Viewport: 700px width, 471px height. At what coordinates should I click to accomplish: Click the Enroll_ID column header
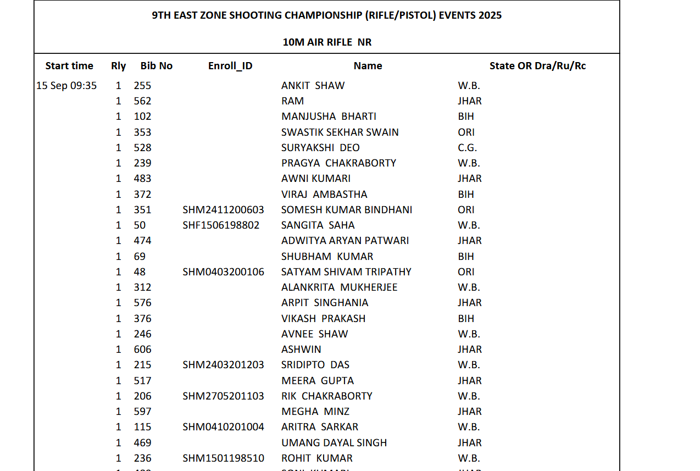coord(230,66)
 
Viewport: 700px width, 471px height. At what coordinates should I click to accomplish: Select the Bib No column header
coord(157,66)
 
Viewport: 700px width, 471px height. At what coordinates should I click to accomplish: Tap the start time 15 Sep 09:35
coord(66,86)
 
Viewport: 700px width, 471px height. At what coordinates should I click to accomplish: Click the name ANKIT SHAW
coord(313,86)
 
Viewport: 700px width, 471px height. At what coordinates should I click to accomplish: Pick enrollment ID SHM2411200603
coord(223,210)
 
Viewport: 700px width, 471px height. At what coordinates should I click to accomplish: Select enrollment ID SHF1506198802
coord(221,225)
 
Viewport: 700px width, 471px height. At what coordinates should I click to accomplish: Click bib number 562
coord(142,101)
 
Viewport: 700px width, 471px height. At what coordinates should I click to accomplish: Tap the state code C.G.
coord(468,148)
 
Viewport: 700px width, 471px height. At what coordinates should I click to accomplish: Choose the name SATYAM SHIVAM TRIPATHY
coord(346,272)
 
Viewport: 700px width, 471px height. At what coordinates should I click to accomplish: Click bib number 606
coord(142,350)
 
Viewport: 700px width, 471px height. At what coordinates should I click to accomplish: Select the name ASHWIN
coord(301,350)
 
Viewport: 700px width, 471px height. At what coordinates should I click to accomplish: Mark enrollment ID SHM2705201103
coord(223,396)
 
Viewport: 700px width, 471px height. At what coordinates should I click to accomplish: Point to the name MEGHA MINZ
coord(315,412)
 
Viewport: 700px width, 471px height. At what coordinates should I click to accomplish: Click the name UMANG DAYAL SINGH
coord(334,443)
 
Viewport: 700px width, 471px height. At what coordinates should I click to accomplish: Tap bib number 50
coord(140,225)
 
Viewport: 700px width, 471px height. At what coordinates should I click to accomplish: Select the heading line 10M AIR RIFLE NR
coord(327,42)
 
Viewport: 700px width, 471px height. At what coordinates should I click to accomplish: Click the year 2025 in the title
coord(490,15)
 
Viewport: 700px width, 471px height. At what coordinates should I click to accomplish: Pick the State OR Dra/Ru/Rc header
coord(537,66)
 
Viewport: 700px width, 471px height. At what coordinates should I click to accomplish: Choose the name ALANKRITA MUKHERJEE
coord(339,287)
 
